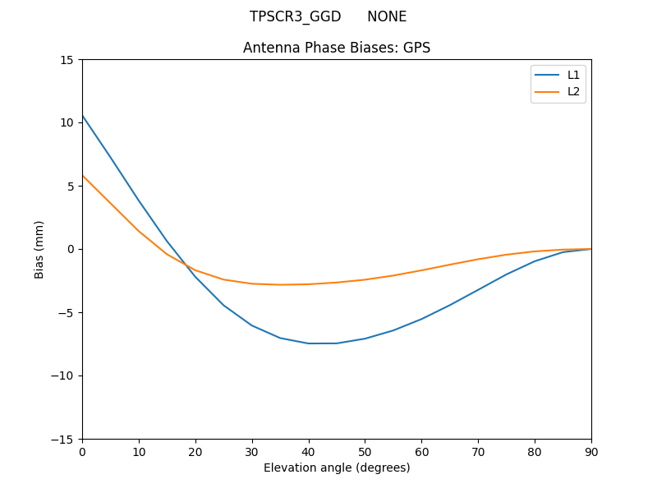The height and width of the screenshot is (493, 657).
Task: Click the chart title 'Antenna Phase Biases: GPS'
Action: (x=337, y=48)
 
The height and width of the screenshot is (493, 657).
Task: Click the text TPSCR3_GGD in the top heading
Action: (x=295, y=16)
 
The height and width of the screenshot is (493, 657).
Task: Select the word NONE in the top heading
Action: (x=387, y=16)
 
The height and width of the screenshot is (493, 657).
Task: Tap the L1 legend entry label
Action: (x=574, y=75)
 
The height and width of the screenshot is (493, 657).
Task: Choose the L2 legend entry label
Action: (x=574, y=91)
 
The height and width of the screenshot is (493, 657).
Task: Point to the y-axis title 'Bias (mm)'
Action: (x=39, y=249)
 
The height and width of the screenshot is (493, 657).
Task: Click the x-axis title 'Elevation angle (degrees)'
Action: (x=337, y=468)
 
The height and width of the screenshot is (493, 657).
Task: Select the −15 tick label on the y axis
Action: (x=63, y=440)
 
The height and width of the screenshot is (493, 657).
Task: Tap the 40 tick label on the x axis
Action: (x=308, y=451)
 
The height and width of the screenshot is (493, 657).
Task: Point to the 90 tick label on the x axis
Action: (x=591, y=451)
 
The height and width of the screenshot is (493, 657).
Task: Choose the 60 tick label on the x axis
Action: (x=421, y=451)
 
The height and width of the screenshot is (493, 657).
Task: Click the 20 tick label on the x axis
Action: (x=195, y=451)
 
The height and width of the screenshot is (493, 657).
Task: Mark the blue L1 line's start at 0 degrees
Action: (x=82, y=116)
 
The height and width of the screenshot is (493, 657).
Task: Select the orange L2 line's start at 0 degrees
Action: (x=82, y=175)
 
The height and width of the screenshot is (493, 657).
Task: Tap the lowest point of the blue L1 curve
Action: (x=323, y=343)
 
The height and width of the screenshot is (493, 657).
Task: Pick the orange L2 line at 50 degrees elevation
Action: (x=365, y=279)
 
